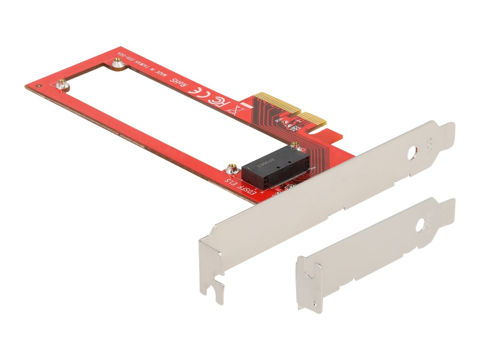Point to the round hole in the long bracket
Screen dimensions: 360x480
coord(412,154)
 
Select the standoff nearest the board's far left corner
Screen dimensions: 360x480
coord(61,84)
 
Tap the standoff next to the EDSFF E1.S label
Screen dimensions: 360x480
coord(231,168)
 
